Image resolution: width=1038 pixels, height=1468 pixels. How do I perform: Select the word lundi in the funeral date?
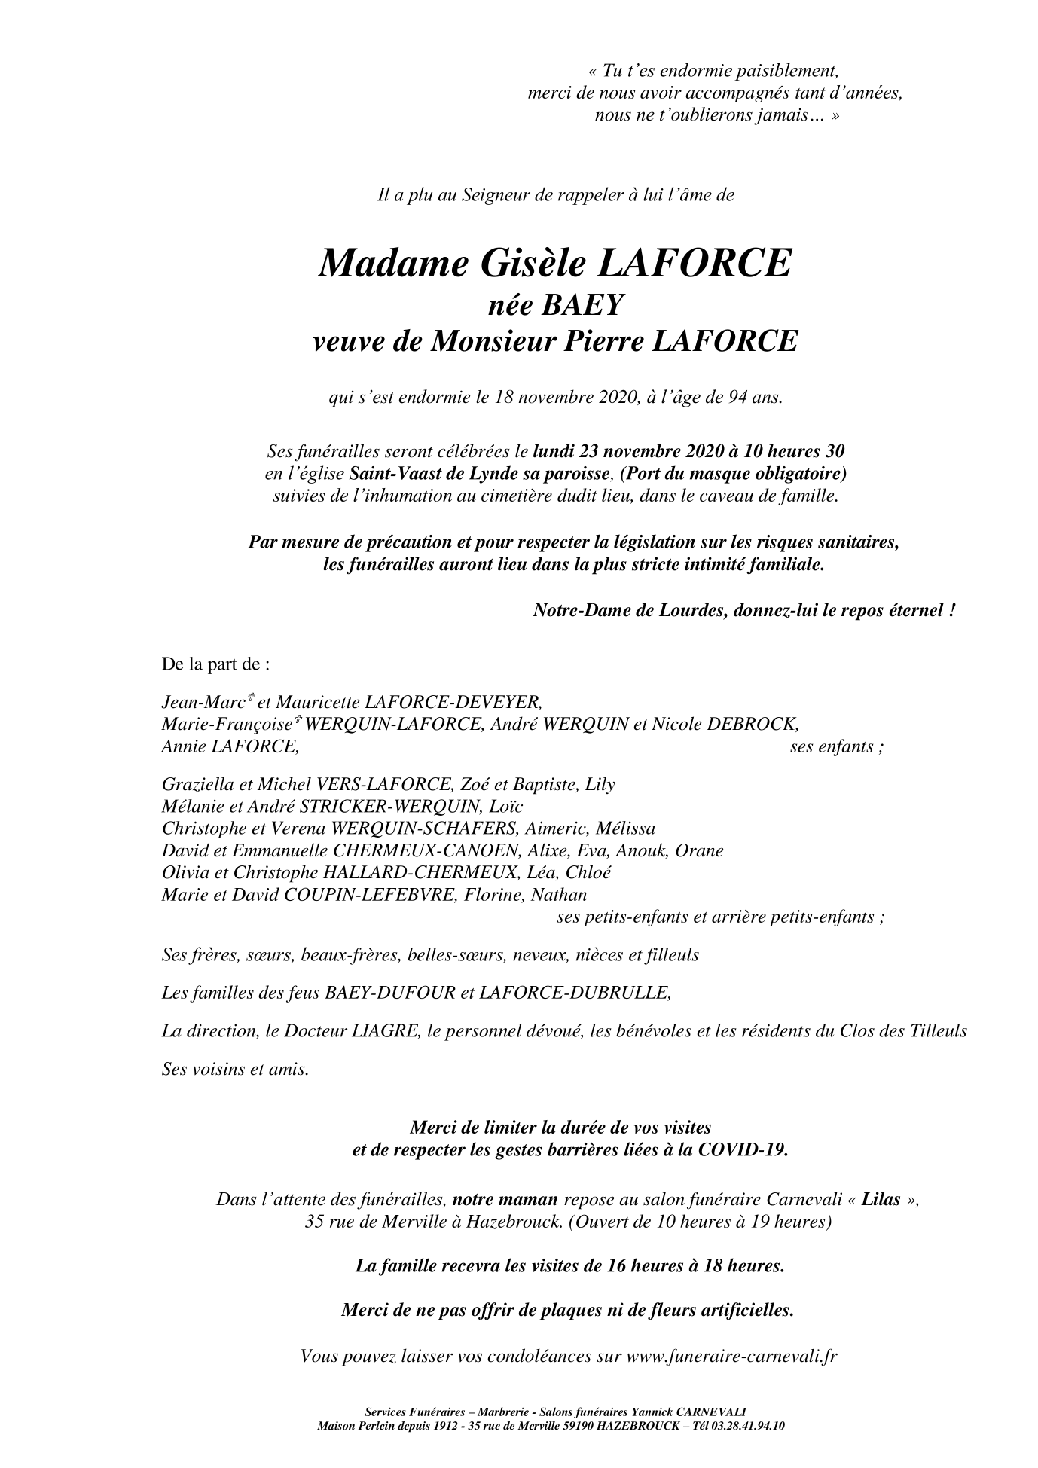554,452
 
